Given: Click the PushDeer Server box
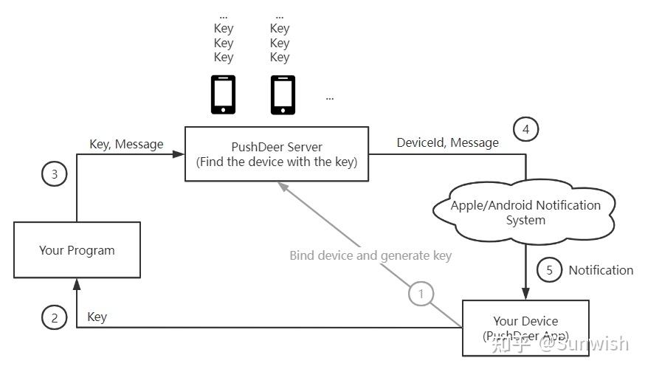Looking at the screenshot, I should pyautogui.click(x=276, y=154).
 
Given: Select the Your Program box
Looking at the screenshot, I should pyautogui.click(x=77, y=250).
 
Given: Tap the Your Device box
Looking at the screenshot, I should pyautogui.click(x=525, y=328).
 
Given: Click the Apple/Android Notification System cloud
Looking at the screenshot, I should pyautogui.click(x=525, y=212).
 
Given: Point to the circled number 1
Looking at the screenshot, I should pyautogui.click(x=421, y=294).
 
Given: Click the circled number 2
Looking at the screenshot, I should pyautogui.click(x=54, y=317).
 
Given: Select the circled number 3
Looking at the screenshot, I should pyautogui.click(x=54, y=174).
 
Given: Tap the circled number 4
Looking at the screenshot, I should pyautogui.click(x=525, y=130).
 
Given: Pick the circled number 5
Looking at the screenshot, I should pyautogui.click(x=549, y=269).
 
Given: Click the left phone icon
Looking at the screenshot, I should pyautogui.click(x=223, y=94).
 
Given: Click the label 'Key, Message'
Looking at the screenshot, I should pyautogui.click(x=126, y=144).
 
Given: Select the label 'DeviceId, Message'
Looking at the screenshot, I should pyautogui.click(x=447, y=142).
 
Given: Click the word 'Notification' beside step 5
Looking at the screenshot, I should pyautogui.click(x=601, y=270).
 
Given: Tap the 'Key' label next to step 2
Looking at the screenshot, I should pyautogui.click(x=97, y=317).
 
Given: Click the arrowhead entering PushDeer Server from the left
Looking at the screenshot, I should pyautogui.click(x=178, y=154).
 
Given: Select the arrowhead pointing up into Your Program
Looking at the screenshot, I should pyautogui.click(x=77, y=283).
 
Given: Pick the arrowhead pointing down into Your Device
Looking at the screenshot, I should pyautogui.click(x=525, y=294).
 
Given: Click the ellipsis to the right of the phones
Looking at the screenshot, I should pyautogui.click(x=329, y=97).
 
